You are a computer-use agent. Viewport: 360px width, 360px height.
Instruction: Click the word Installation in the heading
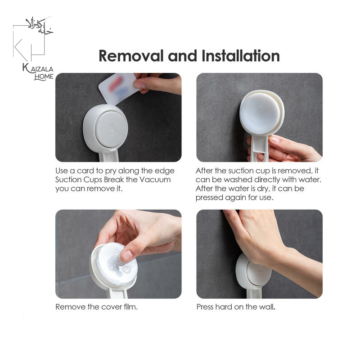(241, 56)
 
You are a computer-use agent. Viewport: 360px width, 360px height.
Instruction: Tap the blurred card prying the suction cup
(118, 88)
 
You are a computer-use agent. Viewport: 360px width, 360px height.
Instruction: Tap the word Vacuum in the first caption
(155, 180)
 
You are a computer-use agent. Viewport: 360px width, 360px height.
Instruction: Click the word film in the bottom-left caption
(130, 307)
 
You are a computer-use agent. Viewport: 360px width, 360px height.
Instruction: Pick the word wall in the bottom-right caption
(267, 307)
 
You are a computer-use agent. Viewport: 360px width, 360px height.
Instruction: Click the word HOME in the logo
(44, 76)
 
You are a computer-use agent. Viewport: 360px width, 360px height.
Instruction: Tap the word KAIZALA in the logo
(38, 69)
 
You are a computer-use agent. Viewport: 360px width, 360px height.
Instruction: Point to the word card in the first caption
(85, 171)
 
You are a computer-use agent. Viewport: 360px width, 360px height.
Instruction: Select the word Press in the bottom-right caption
(205, 307)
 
